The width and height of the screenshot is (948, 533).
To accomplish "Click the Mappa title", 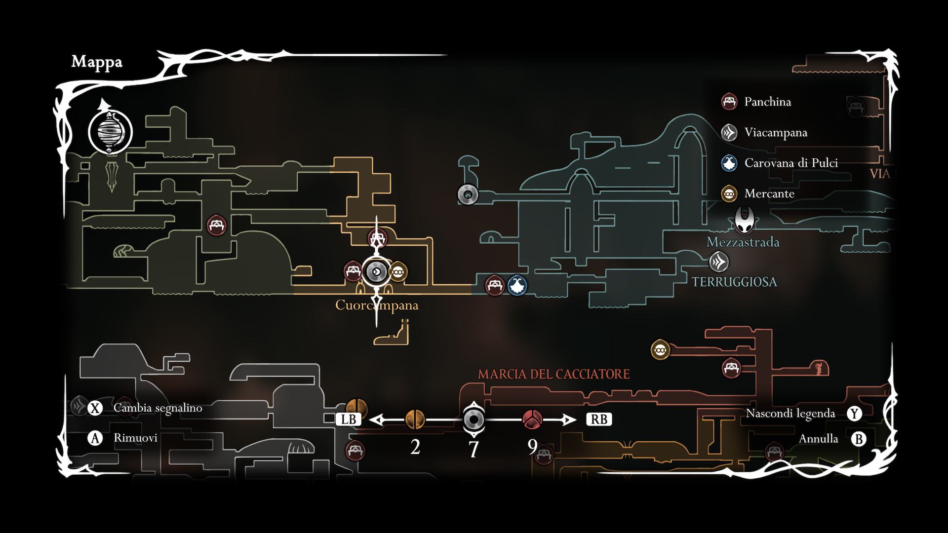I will coord(97,62).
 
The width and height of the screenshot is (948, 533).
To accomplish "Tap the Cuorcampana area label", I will coord(376,305).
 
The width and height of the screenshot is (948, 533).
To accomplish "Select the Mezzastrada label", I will coord(743,242).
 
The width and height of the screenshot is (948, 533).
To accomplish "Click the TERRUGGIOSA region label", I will coord(734,282).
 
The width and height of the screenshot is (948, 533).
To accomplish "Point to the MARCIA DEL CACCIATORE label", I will coord(553,374).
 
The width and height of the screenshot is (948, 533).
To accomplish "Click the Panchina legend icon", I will coord(729,102).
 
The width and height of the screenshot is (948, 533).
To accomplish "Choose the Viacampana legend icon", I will coord(729,132).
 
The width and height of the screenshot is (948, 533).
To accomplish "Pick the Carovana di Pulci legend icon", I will coord(729,163).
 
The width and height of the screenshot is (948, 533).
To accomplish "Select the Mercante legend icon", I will coord(729,193).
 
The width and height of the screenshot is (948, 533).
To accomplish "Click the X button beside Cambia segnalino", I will coord(95,408).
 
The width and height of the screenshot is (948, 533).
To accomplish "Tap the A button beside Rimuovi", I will coord(95,438).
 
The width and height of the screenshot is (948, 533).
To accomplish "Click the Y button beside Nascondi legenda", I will coord(854,414).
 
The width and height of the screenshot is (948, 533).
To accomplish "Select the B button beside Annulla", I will coord(859,439).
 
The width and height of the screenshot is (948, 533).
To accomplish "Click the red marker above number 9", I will coord(532,419).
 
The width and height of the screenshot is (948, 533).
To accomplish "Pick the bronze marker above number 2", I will coord(415,419).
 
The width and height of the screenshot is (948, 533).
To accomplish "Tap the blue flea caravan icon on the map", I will coord(517,285).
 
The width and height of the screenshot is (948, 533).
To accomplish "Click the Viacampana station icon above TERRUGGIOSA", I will coord(719,262).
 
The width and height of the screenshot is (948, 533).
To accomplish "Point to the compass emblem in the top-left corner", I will coord(110,132).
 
